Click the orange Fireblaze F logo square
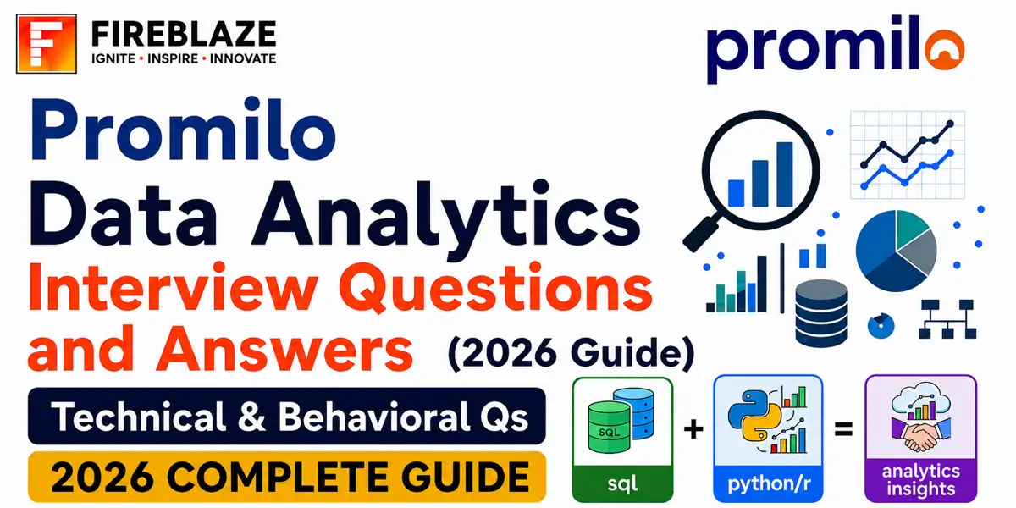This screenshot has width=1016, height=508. (x=47, y=43)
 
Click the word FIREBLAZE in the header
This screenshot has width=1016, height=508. (x=184, y=35)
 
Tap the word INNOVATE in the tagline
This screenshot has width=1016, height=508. (x=243, y=59)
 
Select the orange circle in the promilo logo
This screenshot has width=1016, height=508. (x=945, y=50)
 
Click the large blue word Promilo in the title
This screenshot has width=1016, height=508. (x=183, y=130)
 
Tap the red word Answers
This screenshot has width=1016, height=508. (x=284, y=349)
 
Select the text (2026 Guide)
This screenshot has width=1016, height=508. (x=571, y=353)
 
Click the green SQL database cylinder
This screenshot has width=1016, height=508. (x=608, y=428)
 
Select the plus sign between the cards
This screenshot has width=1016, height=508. (x=693, y=428)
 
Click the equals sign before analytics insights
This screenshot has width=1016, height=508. (x=843, y=429)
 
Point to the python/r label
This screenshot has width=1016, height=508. (x=769, y=484)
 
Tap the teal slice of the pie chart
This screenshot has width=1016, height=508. (x=912, y=228)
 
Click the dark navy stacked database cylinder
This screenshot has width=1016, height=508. (x=821, y=313)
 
